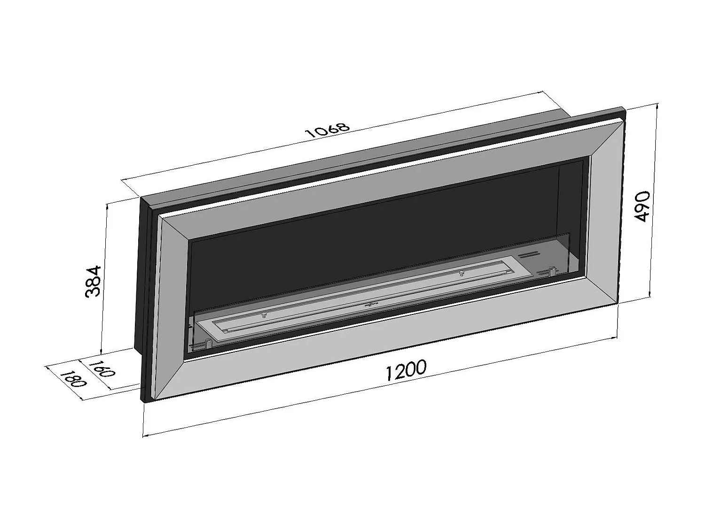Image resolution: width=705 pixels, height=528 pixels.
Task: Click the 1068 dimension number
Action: coord(328,130)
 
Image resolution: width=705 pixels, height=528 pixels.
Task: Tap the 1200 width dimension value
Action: coord(406,369)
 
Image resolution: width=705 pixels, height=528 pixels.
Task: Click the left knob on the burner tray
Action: coord(264,314)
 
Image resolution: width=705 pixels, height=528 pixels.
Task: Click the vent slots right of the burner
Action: coord(528,255)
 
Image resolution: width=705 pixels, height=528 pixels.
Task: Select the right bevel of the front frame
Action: coord(604,211)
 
